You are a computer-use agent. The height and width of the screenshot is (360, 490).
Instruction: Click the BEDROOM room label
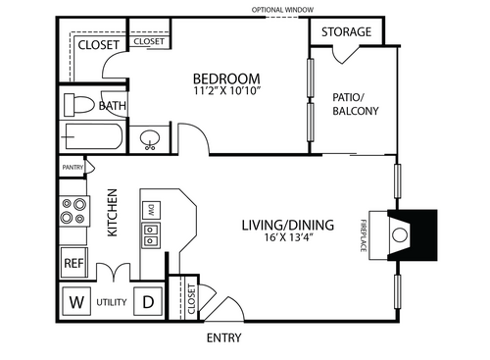pyautogui.click(x=225, y=79)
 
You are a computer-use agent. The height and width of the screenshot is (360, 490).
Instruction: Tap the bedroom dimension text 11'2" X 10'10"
pyautogui.click(x=226, y=93)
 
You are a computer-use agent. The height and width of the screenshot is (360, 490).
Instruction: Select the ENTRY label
pyautogui.click(x=224, y=338)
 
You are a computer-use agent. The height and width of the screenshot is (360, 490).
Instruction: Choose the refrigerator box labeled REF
pyautogui.click(x=73, y=263)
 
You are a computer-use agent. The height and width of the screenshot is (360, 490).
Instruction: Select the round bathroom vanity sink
pyautogui.click(x=151, y=140)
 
